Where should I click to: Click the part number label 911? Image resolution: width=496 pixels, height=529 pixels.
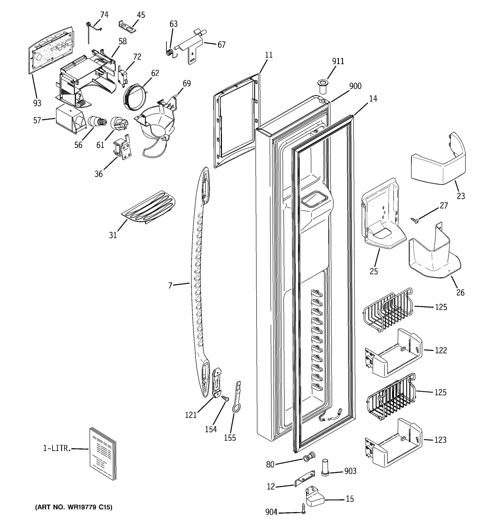point(338,61)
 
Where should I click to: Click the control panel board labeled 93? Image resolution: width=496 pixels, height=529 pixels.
point(50,49)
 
